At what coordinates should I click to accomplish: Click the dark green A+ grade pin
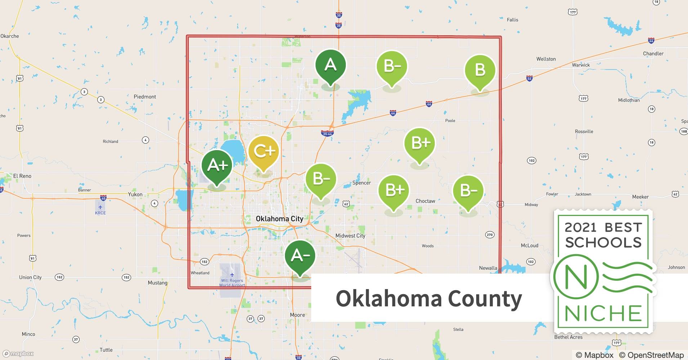(217, 166)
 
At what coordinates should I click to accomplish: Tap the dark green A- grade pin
(300, 256)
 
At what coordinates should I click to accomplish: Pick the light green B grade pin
(480, 70)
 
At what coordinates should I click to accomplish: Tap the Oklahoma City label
(280, 219)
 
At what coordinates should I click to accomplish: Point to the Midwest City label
(350, 236)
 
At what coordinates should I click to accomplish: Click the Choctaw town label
(425, 201)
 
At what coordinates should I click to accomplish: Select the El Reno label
(22, 176)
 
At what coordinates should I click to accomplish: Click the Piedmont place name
(145, 96)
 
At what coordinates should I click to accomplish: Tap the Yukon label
(135, 194)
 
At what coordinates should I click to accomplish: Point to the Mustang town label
(157, 283)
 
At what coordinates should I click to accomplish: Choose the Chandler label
(653, 53)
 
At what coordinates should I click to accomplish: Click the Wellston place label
(546, 59)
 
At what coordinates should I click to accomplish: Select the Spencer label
(361, 183)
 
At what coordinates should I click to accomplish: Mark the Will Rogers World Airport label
(232, 283)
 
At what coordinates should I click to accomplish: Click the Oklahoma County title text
(429, 298)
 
